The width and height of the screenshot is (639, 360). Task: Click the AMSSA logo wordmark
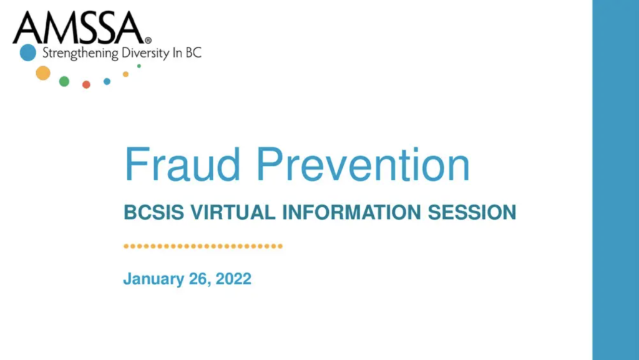79,27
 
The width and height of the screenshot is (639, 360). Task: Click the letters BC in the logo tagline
194,53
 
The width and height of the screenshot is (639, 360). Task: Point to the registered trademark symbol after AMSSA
148,41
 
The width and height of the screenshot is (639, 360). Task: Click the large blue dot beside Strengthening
28,52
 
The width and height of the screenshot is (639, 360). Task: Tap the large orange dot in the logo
43,73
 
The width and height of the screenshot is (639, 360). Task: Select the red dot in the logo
86,84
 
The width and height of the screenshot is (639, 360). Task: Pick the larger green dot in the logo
64,81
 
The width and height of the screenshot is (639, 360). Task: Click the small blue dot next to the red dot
107,82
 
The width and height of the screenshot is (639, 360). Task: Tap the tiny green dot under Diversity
139,66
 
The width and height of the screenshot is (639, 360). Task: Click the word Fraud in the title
183,165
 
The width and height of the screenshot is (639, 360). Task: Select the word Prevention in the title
363,165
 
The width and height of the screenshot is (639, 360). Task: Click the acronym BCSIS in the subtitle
154,212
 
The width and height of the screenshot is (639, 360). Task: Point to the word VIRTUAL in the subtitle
233,212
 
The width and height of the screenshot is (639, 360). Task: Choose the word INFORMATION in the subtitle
352,212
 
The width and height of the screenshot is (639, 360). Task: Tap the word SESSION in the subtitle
472,212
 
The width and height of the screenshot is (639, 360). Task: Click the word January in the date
154,280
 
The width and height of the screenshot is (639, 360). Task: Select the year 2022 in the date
233,278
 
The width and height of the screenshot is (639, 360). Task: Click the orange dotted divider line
203,246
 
